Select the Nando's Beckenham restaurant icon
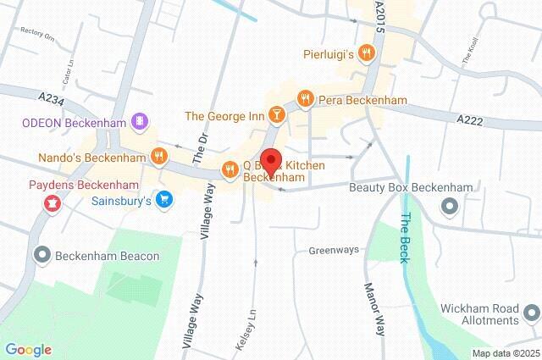[x=158, y=155]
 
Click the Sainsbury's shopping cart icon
[x=165, y=201]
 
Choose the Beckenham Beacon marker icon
[x=41, y=254]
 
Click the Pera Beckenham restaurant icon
[x=305, y=99]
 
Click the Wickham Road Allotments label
[x=479, y=315]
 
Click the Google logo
[x=28, y=349]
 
